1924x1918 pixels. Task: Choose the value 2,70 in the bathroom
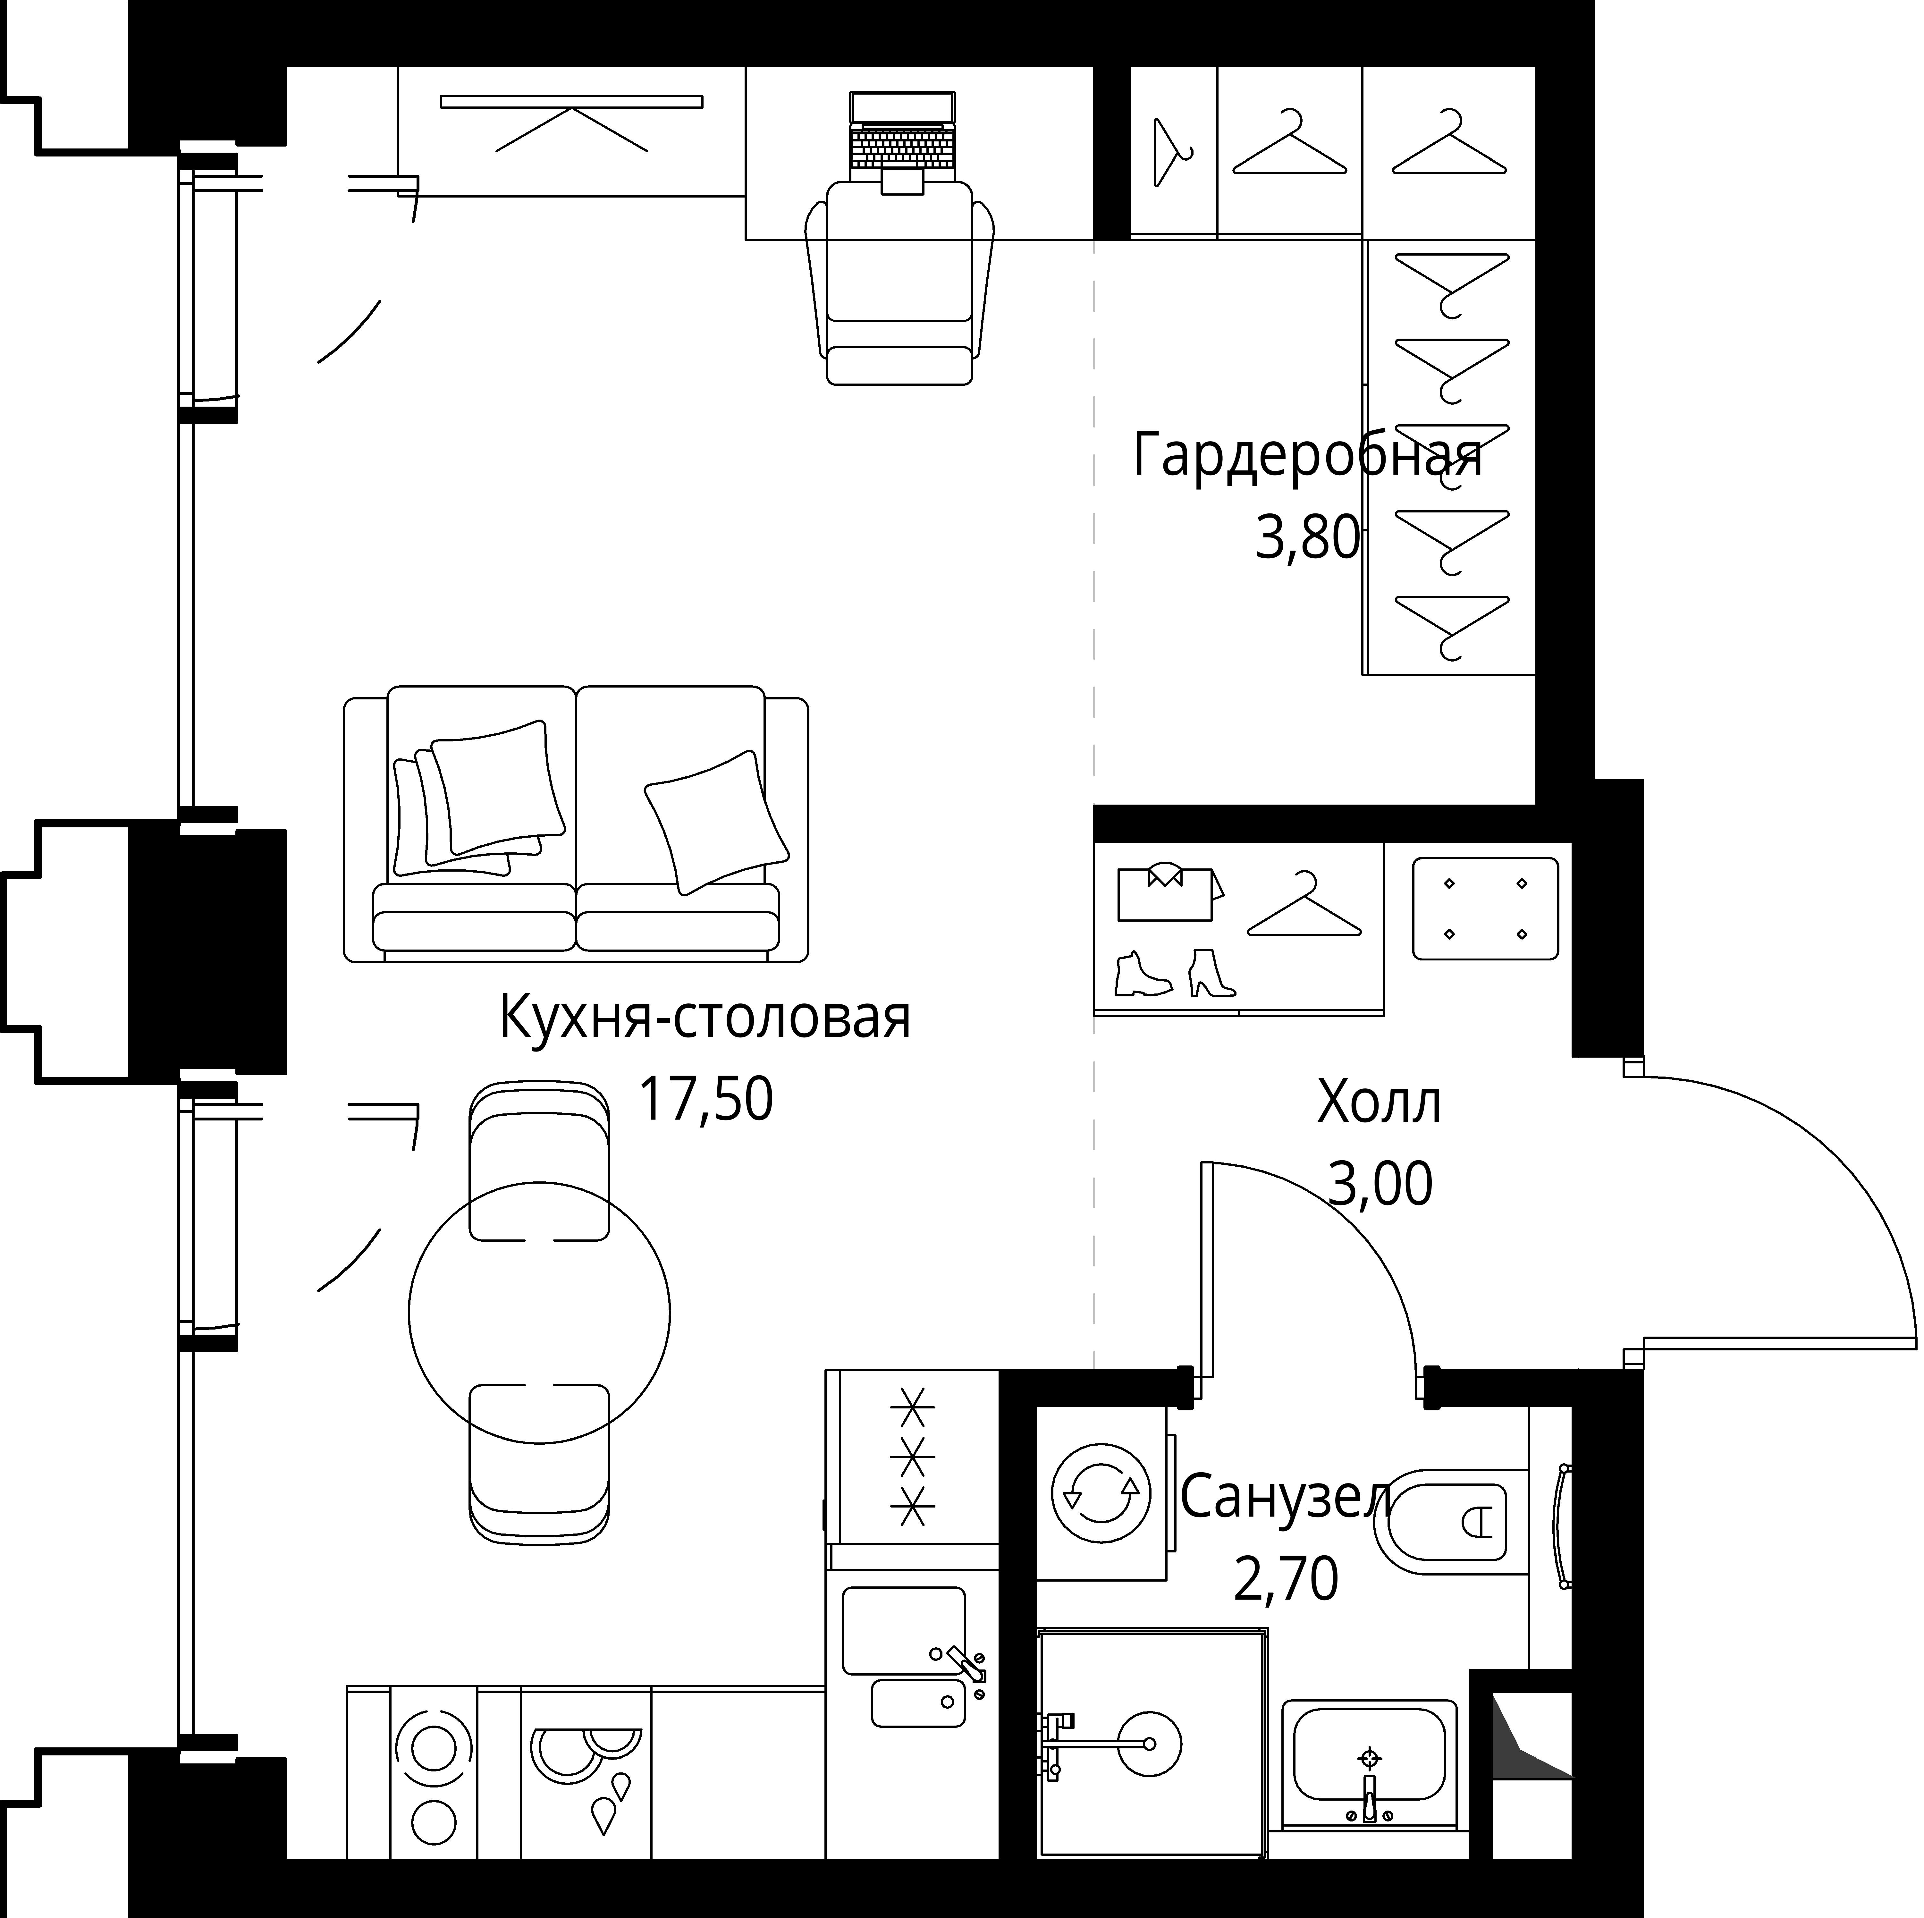click(1286, 1605)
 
